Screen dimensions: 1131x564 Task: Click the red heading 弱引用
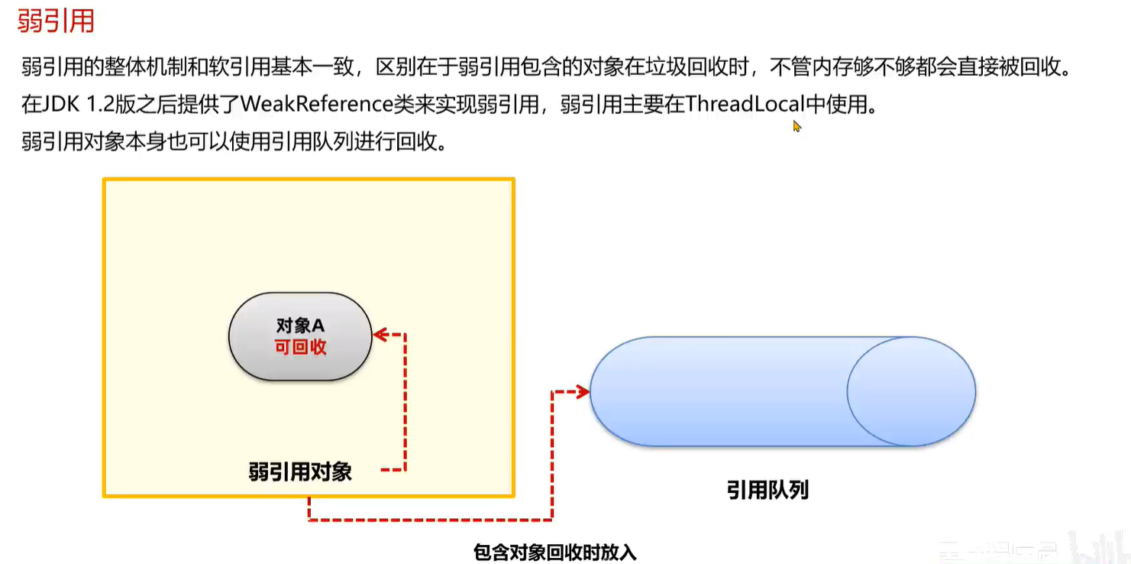point(56,21)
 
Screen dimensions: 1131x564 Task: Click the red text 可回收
point(300,346)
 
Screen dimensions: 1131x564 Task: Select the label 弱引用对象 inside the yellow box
point(300,472)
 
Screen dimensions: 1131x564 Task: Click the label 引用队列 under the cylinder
point(767,490)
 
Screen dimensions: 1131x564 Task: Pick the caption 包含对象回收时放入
point(554,551)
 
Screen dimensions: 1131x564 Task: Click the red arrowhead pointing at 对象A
point(378,335)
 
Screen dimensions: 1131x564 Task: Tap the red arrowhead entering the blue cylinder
point(584,392)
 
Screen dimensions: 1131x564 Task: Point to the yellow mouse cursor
point(797,126)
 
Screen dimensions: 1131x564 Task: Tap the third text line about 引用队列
point(233,142)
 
